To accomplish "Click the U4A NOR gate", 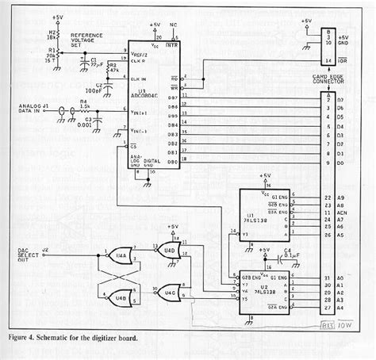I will click(121, 255).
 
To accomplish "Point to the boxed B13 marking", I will click(326, 324).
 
